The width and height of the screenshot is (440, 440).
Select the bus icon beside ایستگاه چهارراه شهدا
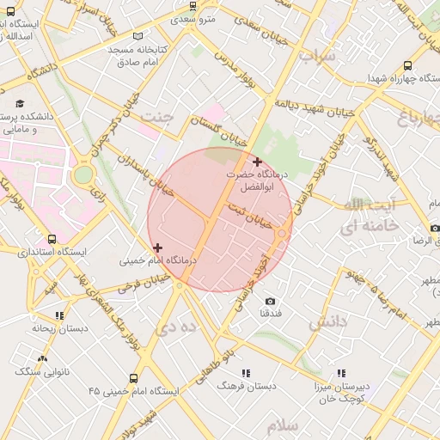pyautogui.click(x=406, y=64)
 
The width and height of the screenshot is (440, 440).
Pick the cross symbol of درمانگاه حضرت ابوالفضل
pyautogui.click(x=257, y=162)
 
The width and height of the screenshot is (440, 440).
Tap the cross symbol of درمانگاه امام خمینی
pyautogui.click(x=156, y=247)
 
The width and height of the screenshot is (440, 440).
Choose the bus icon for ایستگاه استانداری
pyautogui.click(x=53, y=239)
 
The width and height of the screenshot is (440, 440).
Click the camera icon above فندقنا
pyautogui.click(x=271, y=301)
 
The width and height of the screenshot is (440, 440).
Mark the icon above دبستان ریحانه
pyautogui.click(x=58, y=315)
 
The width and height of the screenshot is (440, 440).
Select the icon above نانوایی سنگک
pyautogui.click(x=42, y=358)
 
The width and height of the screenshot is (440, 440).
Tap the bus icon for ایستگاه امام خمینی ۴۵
pyautogui.click(x=133, y=378)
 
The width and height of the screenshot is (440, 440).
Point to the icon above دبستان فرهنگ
pyautogui.click(x=245, y=373)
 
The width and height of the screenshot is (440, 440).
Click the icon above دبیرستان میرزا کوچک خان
pyautogui.click(x=341, y=373)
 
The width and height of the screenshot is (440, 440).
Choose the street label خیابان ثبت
pyautogui.click(x=250, y=215)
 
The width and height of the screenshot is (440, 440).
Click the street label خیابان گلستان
pyautogui.click(x=218, y=132)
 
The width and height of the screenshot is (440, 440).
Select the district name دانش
pyautogui.click(x=327, y=321)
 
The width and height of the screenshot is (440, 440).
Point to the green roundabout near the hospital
pyautogui.click(x=82, y=174)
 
